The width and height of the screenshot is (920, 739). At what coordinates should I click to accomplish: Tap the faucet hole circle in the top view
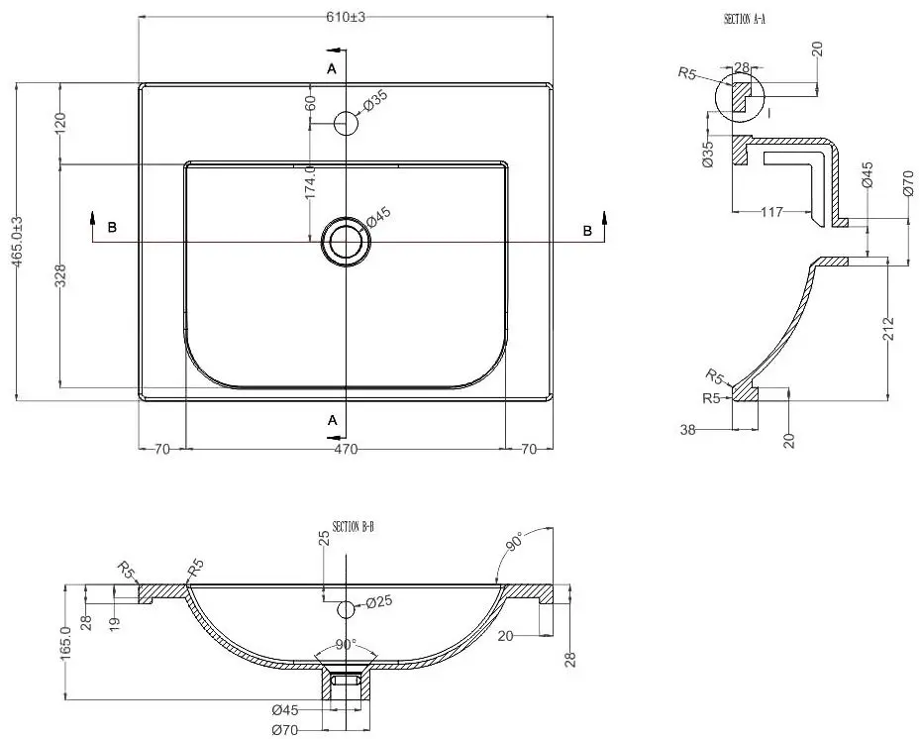point(346,124)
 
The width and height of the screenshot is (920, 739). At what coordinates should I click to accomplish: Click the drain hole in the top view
point(346,240)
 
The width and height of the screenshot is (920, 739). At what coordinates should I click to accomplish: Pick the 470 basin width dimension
point(345,449)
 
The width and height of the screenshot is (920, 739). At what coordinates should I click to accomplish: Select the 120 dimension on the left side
point(59,124)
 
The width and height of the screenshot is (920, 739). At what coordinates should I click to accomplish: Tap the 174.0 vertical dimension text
point(310,183)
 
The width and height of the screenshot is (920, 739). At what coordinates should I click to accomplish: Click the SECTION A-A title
point(746,19)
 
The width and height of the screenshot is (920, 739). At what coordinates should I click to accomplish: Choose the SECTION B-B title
point(353,526)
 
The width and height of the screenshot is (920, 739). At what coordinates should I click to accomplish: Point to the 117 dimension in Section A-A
point(772,212)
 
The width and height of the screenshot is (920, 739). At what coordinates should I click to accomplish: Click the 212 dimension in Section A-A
point(888,327)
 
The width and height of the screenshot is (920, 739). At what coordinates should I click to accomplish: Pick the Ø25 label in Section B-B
point(380,602)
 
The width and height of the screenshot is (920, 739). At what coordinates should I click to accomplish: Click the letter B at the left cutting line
point(112,228)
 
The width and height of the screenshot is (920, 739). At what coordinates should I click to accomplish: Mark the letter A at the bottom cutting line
point(333,420)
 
